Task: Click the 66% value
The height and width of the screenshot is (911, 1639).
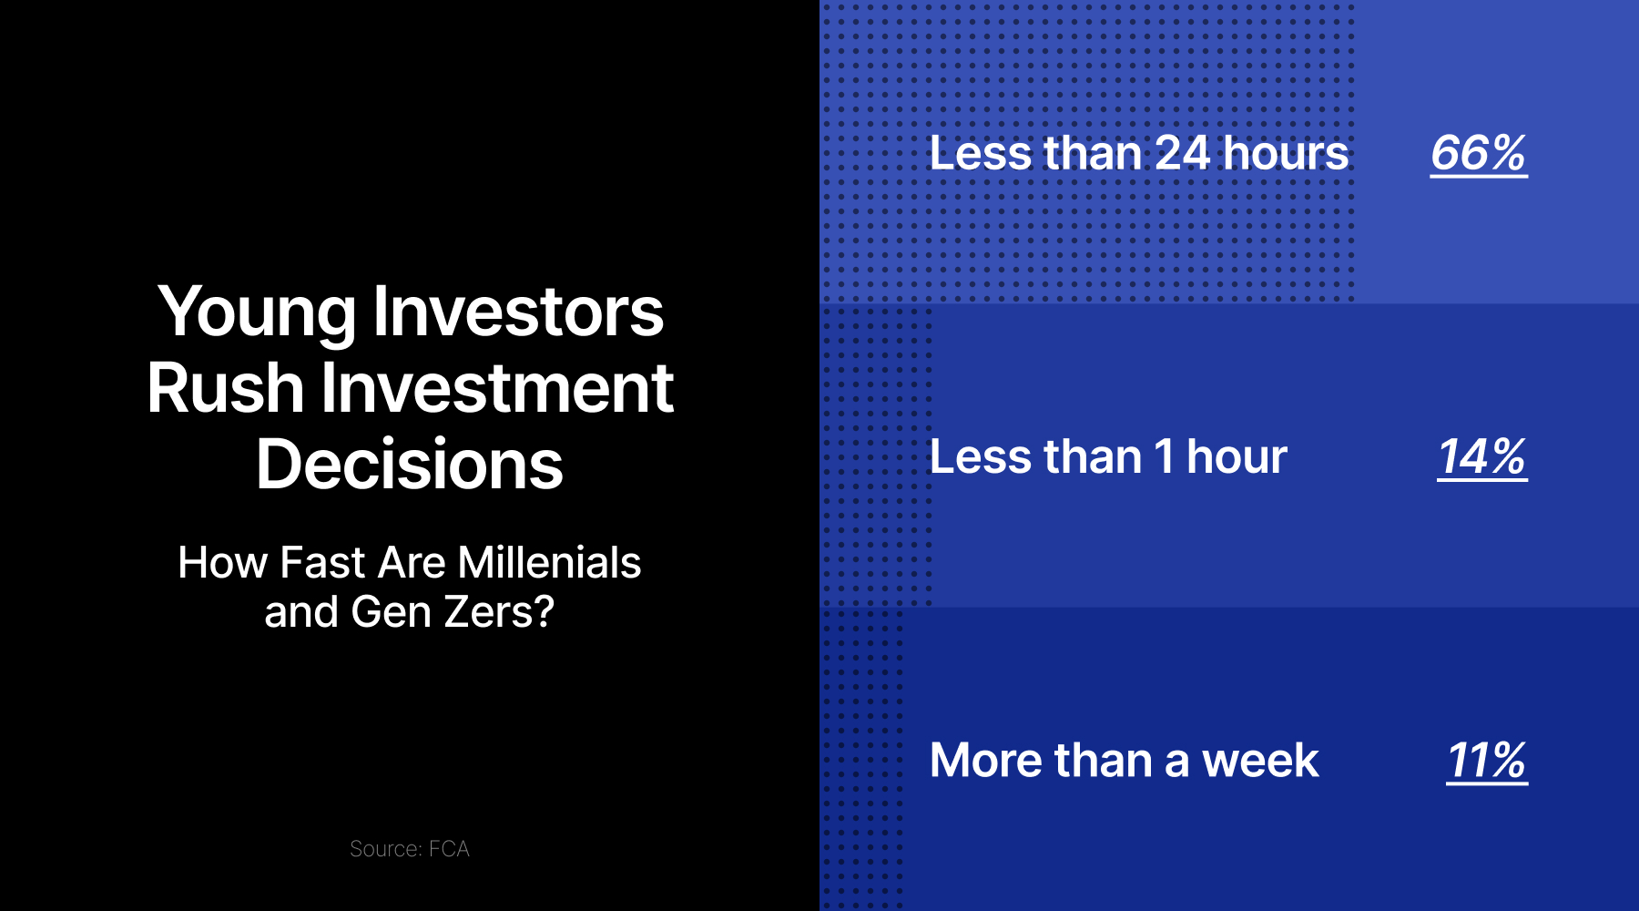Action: [1478, 153]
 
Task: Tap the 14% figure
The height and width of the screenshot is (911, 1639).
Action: [1481, 456]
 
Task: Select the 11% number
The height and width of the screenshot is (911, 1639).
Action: [1486, 760]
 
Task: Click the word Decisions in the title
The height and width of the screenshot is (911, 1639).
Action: [410, 465]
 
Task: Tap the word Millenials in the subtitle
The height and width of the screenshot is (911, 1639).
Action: [549, 563]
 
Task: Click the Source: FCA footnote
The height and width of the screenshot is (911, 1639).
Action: [410, 849]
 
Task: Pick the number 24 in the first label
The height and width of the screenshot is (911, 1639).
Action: [1182, 153]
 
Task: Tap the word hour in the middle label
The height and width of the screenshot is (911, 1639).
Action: [1237, 456]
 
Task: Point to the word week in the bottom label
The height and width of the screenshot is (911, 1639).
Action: [1260, 760]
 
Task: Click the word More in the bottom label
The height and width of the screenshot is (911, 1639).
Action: [985, 760]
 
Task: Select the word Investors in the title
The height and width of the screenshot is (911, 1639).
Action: [518, 312]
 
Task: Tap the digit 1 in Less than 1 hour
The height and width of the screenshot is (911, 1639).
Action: [1164, 456]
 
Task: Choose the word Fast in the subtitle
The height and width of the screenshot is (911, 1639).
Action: [322, 563]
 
